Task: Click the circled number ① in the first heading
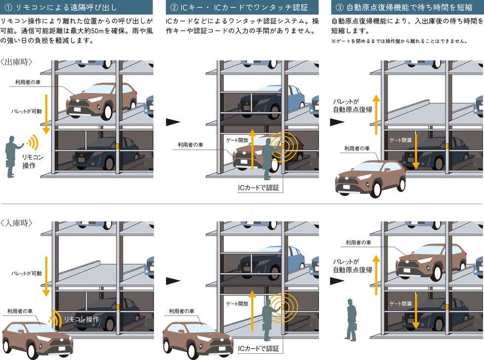click(8, 7)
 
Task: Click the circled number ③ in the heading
click(339, 7)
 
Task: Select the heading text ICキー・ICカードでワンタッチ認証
click(244, 7)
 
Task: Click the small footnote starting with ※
click(399, 41)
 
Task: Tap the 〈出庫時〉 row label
click(16, 62)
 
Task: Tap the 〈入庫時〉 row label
click(16, 223)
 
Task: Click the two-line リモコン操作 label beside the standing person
click(33, 161)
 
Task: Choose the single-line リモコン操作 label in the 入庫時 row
click(81, 319)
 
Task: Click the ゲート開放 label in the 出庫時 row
click(237, 140)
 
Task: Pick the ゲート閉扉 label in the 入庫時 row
click(401, 304)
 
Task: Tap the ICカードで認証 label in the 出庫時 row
click(258, 188)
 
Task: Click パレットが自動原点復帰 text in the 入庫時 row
click(353, 266)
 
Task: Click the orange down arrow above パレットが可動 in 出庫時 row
click(46, 114)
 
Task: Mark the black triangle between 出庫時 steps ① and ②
click(173, 122)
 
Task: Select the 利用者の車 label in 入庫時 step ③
click(359, 242)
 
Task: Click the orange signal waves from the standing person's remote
click(33, 142)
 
